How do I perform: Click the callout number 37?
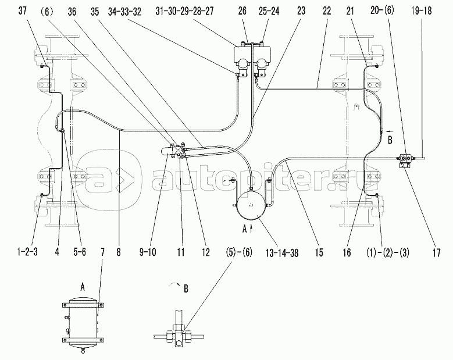pos(23,11)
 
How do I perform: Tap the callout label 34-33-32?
pos(125,12)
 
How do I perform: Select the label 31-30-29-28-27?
pos(184,11)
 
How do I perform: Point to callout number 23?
pos(301,11)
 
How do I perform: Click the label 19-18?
pos(422,11)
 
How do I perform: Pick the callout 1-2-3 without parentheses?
pos(27,252)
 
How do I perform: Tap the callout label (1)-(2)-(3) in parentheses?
pos(388,252)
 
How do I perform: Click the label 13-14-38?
pos(282,253)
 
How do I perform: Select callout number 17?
pos(437,253)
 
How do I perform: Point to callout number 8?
pos(119,252)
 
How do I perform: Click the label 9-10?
pos(148,252)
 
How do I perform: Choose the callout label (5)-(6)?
pos(239,252)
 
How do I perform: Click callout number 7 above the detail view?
pos(102,252)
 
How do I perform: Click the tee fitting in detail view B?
pos(179,337)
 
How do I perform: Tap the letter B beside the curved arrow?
pos(186,288)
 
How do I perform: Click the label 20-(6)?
pos(382,11)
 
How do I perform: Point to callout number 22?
pos(327,11)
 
